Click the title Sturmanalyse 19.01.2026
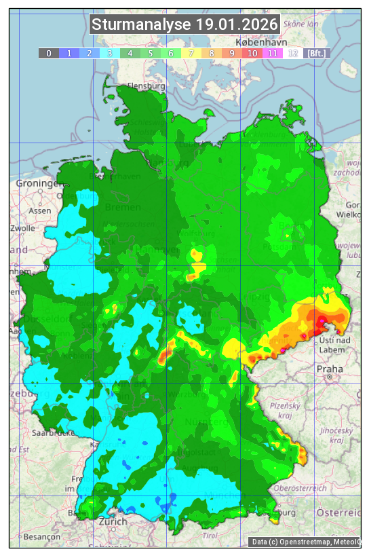[x=184, y=25]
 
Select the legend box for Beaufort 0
[x=49, y=53]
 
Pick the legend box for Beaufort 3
[x=110, y=53]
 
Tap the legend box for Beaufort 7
[x=191, y=53]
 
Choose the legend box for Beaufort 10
[x=252, y=53]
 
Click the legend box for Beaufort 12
[x=293, y=53]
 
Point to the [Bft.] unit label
[x=317, y=53]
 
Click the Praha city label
[x=329, y=369]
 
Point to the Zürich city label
[x=113, y=521]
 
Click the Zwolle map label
[x=22, y=228]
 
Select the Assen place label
[x=40, y=210]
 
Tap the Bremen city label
[x=123, y=207]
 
